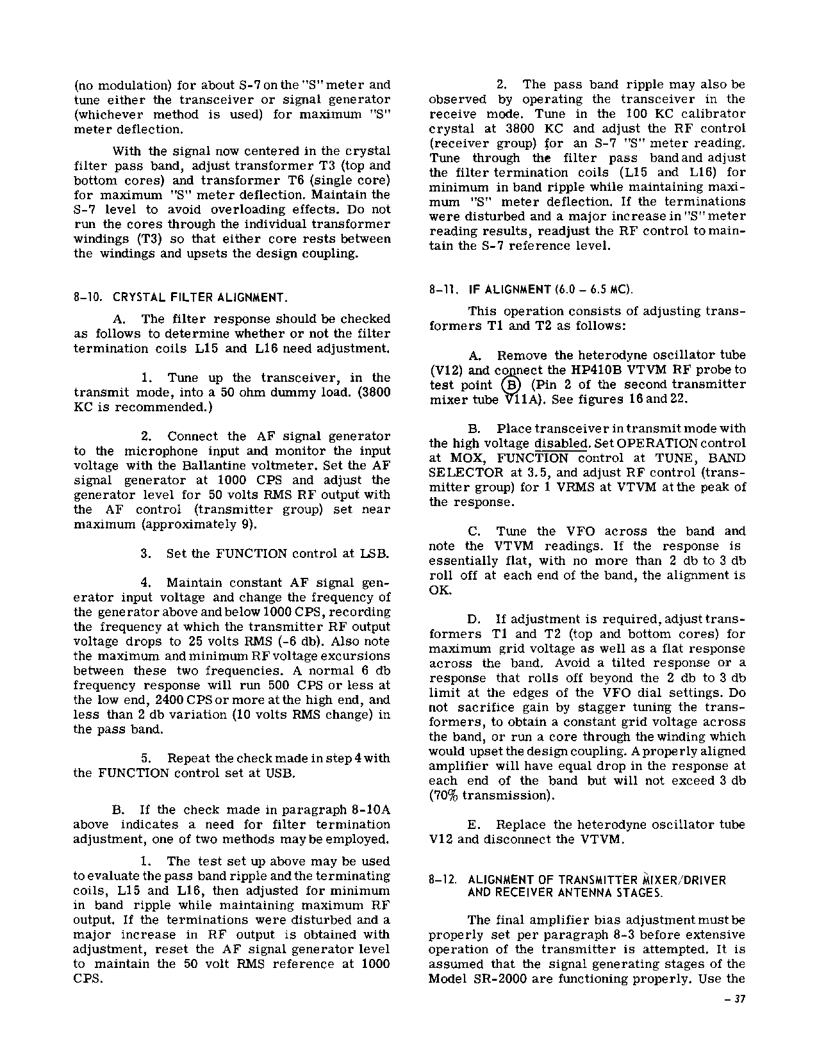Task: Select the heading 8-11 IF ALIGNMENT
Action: [531, 290]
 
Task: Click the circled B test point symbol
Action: [511, 385]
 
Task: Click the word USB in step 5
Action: [281, 773]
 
